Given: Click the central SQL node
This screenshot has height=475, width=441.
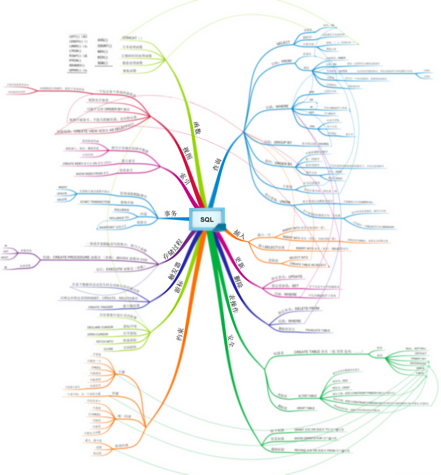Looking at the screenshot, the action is point(207,219).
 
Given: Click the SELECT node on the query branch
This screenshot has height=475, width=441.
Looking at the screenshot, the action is point(283,43).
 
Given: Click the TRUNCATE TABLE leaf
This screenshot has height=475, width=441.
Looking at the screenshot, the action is point(317,331).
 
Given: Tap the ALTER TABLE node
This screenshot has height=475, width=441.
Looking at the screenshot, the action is point(307,396).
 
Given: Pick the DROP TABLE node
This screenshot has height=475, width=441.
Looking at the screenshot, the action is point(305,408).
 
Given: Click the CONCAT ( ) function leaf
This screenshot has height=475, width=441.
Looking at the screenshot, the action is point(132,38).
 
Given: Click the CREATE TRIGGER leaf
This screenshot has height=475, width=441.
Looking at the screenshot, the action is point(100,307).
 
